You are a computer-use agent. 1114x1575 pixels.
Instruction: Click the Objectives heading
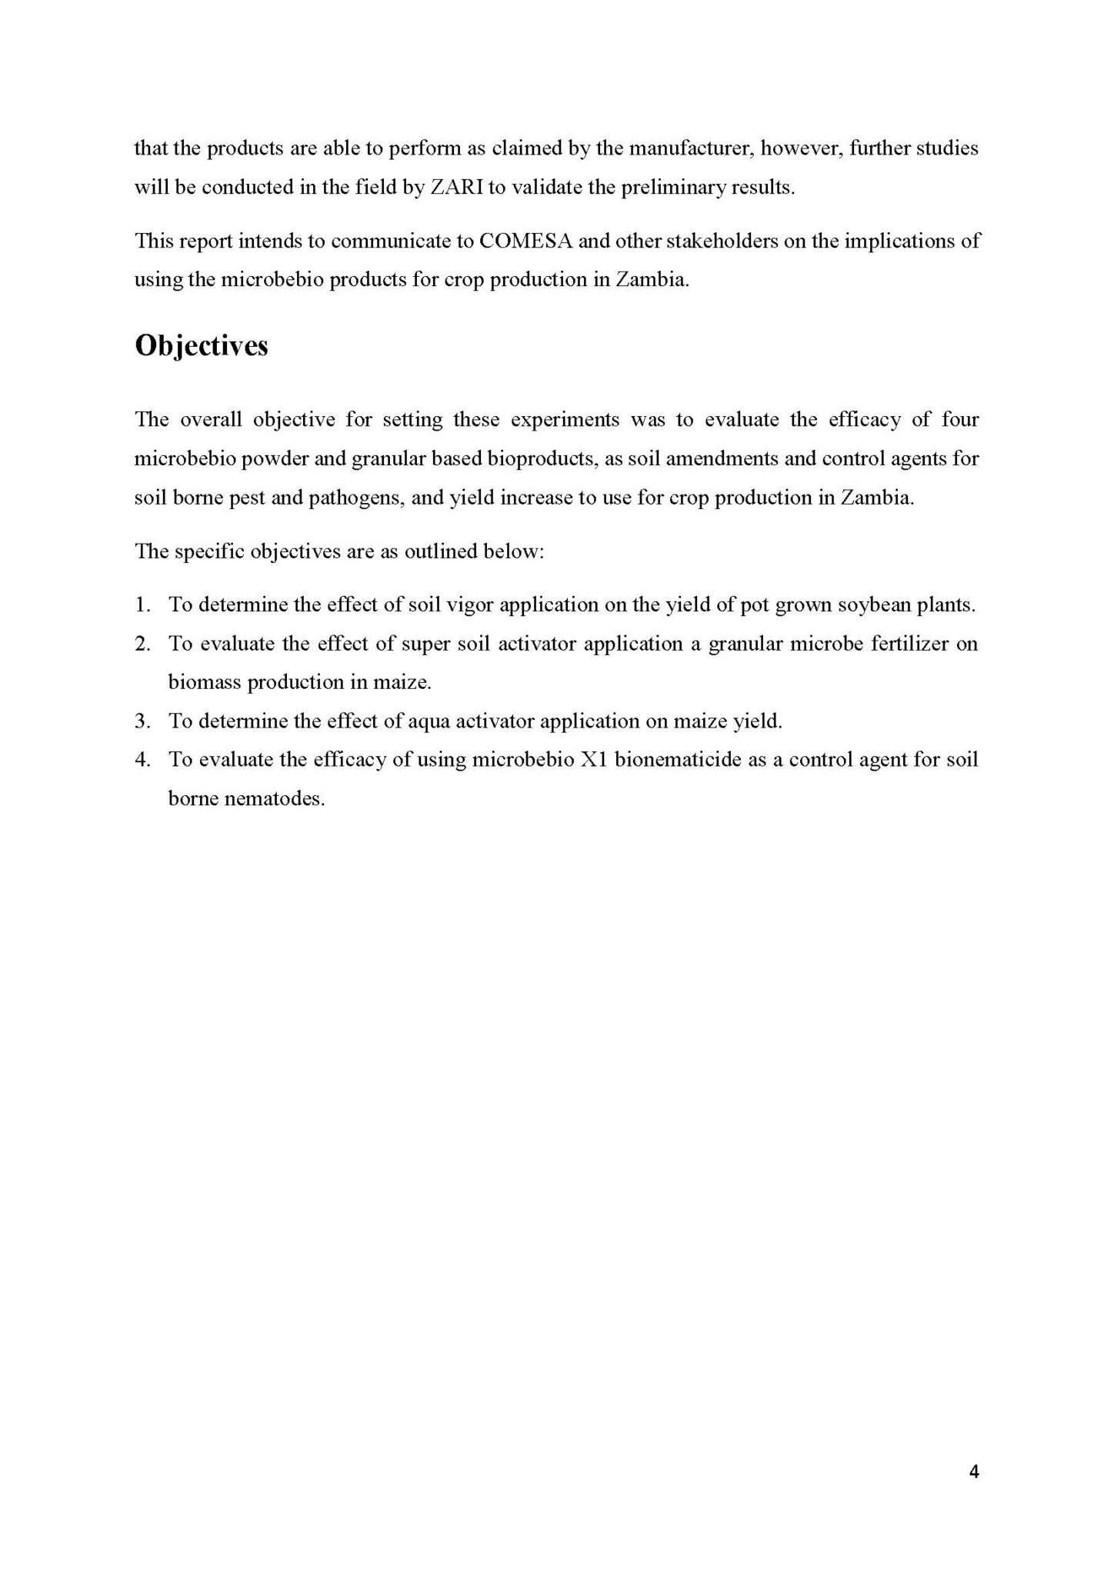202,346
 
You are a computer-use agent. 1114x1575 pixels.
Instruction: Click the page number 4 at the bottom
974,1472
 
